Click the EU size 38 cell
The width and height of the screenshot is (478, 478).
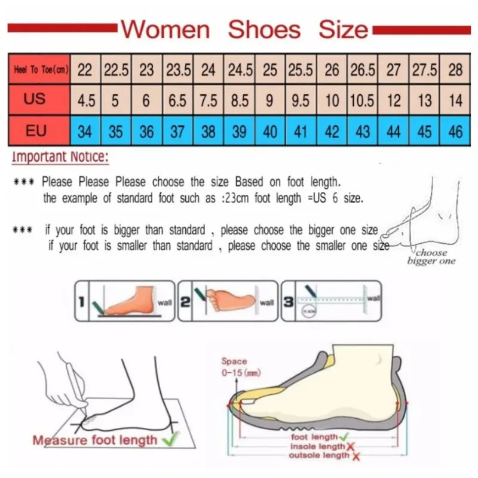coord(208,131)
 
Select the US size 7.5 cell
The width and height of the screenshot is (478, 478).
coord(208,100)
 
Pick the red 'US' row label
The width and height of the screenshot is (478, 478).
coord(36,99)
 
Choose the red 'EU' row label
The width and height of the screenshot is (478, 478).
coord(36,130)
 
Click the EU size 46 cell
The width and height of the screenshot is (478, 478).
coord(455,131)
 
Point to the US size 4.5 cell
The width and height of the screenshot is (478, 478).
coord(86,100)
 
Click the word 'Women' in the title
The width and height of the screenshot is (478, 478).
coord(166,29)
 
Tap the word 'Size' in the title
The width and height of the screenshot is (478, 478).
coord(343,29)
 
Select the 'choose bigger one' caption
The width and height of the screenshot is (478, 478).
coord(431,257)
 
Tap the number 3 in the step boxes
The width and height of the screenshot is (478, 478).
coord(288,302)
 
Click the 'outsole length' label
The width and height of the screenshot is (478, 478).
coord(319,455)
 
